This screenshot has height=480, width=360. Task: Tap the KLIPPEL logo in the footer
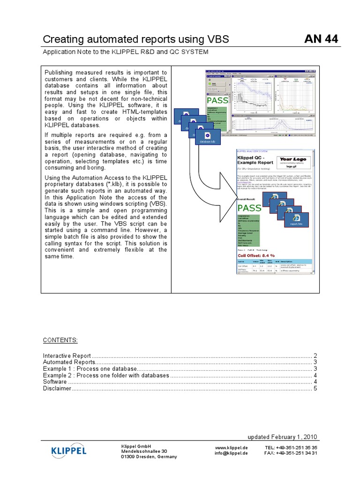click(68, 451)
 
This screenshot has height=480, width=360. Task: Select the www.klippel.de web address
click(232, 447)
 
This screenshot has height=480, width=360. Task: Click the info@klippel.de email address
click(232, 453)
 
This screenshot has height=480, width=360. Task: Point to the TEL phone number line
click(291, 447)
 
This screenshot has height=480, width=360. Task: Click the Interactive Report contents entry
click(67, 356)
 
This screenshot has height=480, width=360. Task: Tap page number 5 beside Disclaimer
click(315, 389)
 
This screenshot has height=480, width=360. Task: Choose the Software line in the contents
click(55, 382)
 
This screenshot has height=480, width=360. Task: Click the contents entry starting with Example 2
click(106, 375)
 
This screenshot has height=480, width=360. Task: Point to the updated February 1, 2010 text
click(282, 436)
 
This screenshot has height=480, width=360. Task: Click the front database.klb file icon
click(207, 138)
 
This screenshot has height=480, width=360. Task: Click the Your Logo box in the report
click(293, 162)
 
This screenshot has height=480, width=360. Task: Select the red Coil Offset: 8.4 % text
click(255, 255)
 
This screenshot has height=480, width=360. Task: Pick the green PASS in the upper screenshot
click(217, 101)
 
